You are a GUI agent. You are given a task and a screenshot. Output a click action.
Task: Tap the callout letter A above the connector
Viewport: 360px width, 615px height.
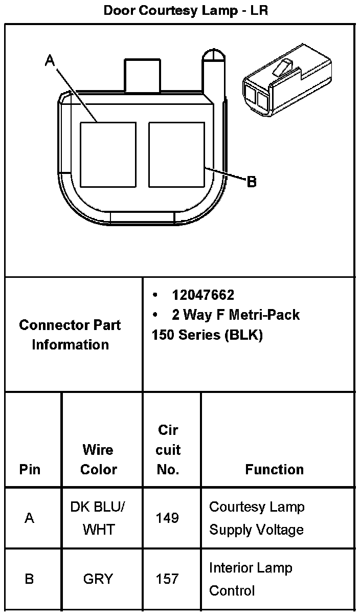pos(50,61)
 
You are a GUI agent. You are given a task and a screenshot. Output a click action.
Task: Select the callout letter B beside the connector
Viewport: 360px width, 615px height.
pos(251,182)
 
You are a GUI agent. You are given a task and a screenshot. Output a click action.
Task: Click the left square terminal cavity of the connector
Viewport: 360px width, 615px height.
pos(108,155)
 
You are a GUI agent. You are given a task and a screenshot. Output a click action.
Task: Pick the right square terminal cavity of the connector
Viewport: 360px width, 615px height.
pos(177,155)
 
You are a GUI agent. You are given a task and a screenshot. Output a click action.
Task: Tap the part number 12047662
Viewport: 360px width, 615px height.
pos(203,295)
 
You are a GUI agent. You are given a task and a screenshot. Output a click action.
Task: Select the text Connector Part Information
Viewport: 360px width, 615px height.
pos(71,335)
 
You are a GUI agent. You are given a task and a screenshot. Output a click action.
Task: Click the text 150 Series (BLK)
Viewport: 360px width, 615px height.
pos(207,335)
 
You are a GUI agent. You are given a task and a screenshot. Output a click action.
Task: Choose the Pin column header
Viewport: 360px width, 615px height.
pos(30,469)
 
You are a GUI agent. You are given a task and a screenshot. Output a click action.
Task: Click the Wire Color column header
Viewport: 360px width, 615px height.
pos(98,459)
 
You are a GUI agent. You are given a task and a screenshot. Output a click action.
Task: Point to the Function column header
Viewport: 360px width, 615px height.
pos(275,469)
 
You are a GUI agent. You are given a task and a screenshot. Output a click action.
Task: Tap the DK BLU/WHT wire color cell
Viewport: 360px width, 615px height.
pos(98,518)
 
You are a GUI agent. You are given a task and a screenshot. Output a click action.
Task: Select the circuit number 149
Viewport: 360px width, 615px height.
pos(168,518)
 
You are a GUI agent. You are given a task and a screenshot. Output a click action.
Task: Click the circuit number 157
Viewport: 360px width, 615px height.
pos(168,579)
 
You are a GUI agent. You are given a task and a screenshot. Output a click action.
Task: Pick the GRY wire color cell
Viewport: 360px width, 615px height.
pos(98,579)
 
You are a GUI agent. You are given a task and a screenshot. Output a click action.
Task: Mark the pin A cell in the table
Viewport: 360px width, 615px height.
pos(30,518)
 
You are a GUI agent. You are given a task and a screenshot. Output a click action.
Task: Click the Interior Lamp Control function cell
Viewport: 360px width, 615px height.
pos(250,579)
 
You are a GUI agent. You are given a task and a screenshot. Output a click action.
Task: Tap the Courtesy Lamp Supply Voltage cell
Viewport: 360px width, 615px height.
pos(257,518)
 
